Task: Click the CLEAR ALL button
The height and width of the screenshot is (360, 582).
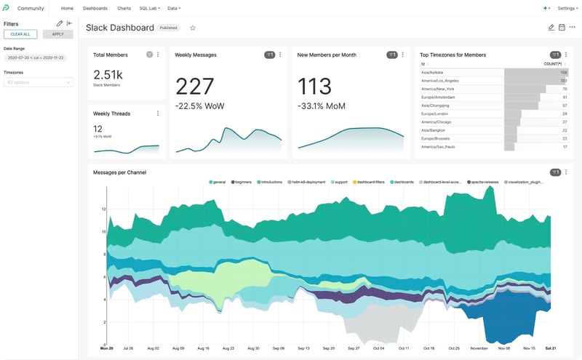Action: click(20, 34)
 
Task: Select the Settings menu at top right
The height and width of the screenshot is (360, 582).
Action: click(567, 8)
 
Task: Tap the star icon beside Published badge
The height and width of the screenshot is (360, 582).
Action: click(193, 28)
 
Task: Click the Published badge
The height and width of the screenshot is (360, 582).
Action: click(170, 28)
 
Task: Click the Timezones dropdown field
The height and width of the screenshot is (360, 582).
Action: click(38, 83)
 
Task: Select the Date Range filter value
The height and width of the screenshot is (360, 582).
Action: click(35, 57)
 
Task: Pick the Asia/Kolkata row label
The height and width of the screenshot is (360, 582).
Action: click(434, 73)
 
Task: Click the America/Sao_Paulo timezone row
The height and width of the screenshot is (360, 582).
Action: click(438, 147)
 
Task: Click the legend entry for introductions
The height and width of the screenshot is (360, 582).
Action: click(271, 182)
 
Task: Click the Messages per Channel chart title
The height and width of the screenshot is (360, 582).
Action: click(120, 172)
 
